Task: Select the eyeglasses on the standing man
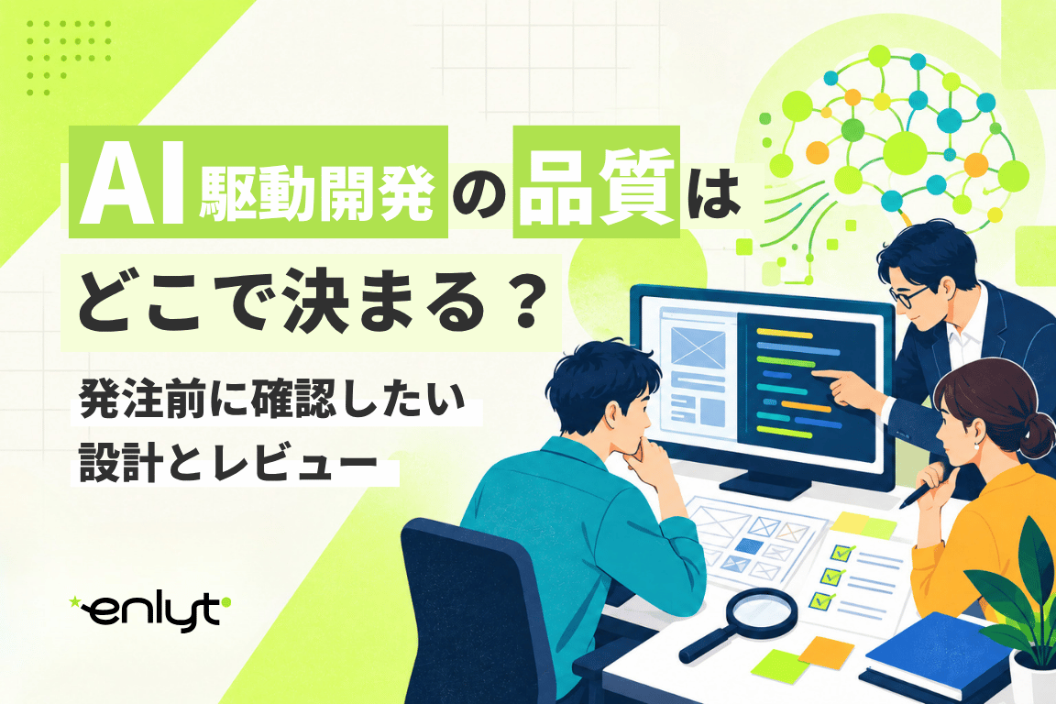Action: click(x=909, y=294)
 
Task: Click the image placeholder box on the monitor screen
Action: click(x=698, y=347)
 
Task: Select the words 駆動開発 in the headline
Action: click(x=316, y=196)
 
